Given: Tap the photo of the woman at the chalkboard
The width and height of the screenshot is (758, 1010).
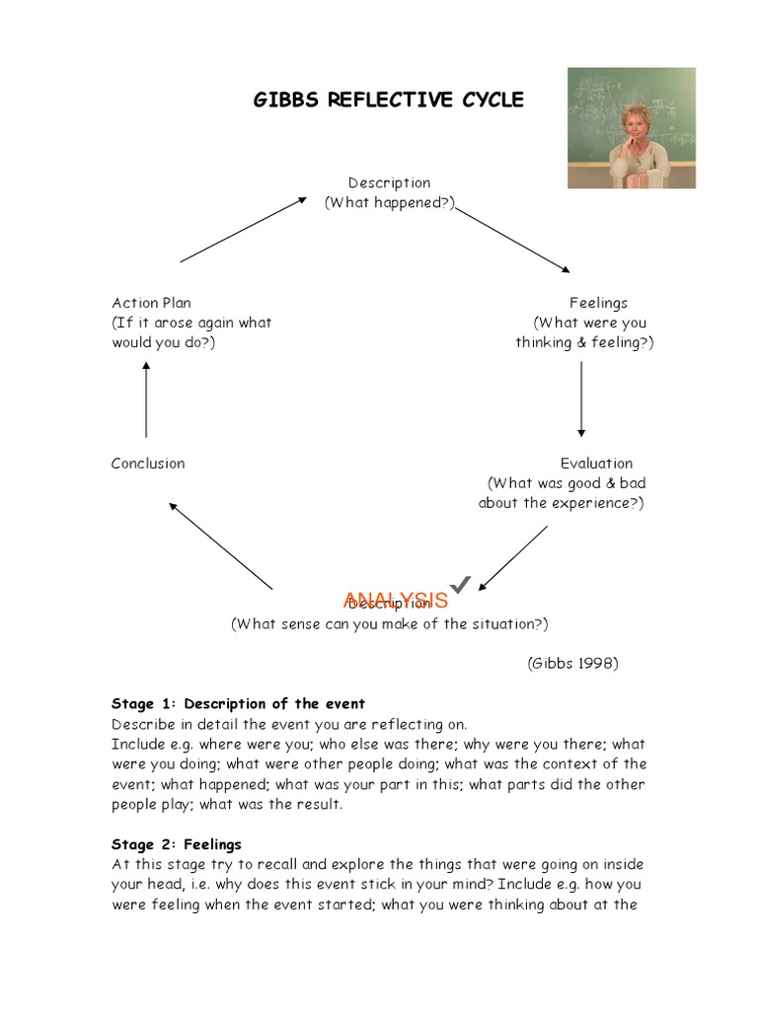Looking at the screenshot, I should point(631,128).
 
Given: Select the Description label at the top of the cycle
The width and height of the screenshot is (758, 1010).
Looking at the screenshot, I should point(389,182).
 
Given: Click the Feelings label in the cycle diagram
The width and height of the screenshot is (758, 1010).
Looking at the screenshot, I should point(598,303).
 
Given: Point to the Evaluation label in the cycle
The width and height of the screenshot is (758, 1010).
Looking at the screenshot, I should point(596,464).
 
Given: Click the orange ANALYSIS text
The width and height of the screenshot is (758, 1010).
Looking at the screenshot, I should point(396,600).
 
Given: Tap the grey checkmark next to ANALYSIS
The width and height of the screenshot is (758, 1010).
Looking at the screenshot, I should point(461,586).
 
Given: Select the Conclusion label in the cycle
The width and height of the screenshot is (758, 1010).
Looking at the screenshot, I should point(148,464).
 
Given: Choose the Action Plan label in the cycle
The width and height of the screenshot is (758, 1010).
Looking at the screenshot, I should point(151,303).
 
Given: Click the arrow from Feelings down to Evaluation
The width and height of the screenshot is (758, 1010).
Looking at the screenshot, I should point(581,398).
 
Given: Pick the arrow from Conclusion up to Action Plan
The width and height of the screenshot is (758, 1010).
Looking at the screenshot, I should point(146,398).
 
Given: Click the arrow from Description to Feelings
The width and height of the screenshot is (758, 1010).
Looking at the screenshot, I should point(512,240).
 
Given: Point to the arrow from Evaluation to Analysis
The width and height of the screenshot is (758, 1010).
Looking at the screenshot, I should point(513,557).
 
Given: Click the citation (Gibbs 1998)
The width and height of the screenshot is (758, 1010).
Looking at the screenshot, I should point(572,663).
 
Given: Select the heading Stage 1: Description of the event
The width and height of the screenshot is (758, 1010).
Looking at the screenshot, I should point(238,704).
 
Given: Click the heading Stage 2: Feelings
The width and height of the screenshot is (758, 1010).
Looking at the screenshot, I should point(176,844).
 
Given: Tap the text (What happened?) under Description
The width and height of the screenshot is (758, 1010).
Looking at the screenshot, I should point(389,202).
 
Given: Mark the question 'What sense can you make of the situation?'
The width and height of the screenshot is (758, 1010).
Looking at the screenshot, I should point(389,624).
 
